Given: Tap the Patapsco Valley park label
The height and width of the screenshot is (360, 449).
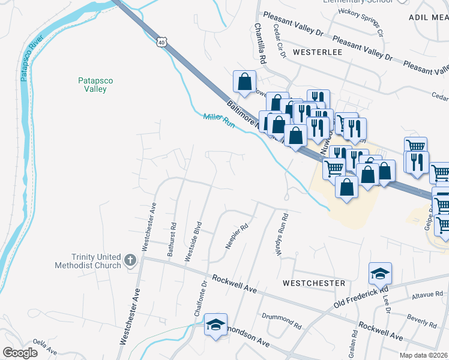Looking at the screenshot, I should (95, 85).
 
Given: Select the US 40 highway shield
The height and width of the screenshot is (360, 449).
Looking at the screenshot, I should (160, 40).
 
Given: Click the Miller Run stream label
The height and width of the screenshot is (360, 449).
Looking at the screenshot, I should (218, 120).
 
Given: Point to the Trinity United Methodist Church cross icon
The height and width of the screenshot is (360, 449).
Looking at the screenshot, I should (130, 260).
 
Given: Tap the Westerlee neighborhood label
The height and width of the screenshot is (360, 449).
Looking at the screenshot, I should (317, 52).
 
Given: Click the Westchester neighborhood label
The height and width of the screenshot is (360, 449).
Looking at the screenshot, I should (315, 283).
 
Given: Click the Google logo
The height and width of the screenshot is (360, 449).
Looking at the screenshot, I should (20, 353).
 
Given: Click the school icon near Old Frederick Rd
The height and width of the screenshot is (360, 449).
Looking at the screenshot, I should (380, 274).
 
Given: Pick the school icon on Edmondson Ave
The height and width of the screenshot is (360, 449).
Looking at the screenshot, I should (215, 325).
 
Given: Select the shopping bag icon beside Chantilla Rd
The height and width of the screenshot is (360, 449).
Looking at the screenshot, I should (244, 82).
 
